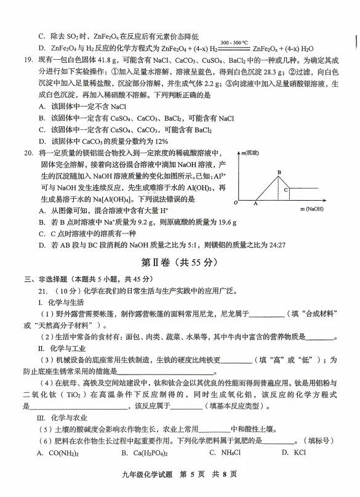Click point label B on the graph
tap(279, 172)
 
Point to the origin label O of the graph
tap(234, 202)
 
